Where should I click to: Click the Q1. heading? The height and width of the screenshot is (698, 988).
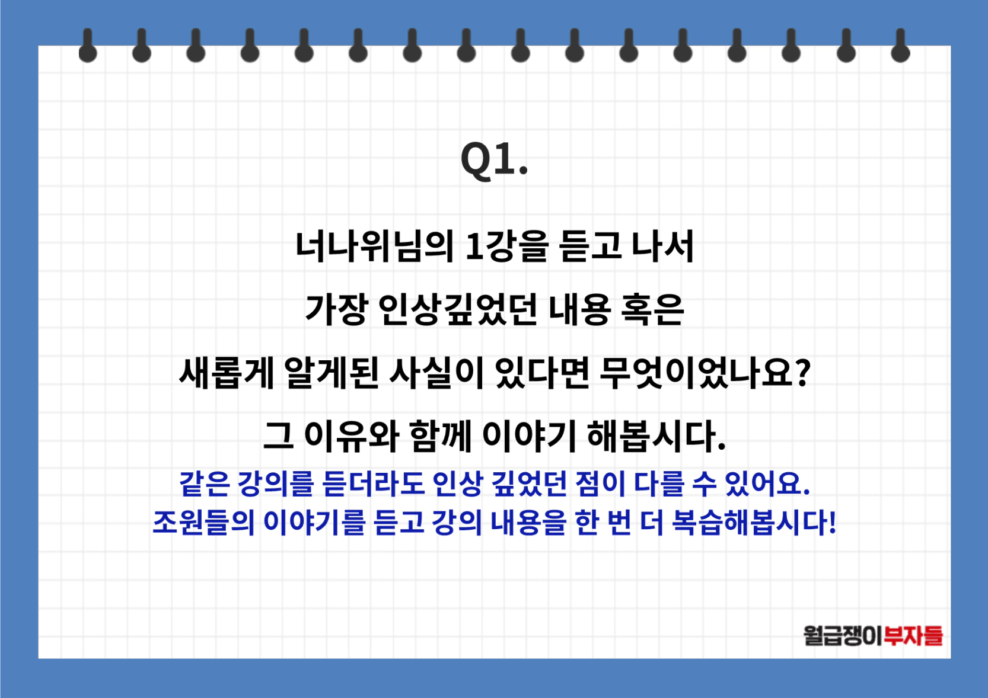click(494, 159)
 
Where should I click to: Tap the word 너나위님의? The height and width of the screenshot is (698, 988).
click(375, 246)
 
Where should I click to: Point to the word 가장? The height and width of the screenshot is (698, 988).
click(336, 310)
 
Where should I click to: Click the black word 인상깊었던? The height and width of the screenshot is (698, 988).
click(458, 310)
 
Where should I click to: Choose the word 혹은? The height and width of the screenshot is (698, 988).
click(652, 310)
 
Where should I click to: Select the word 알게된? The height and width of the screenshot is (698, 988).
click(332, 373)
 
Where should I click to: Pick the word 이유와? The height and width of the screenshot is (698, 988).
click(352, 437)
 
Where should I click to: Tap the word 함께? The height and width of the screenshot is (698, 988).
click(441, 437)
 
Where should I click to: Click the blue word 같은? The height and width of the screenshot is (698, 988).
click(205, 484)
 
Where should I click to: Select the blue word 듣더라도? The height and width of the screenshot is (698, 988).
click(374, 484)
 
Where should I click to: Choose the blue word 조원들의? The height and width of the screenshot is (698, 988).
click(204, 523)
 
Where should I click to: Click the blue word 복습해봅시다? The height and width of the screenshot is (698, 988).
click(749, 523)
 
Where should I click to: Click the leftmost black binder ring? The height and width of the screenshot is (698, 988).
click(88, 46)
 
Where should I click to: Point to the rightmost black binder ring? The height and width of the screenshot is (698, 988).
click(901, 46)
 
